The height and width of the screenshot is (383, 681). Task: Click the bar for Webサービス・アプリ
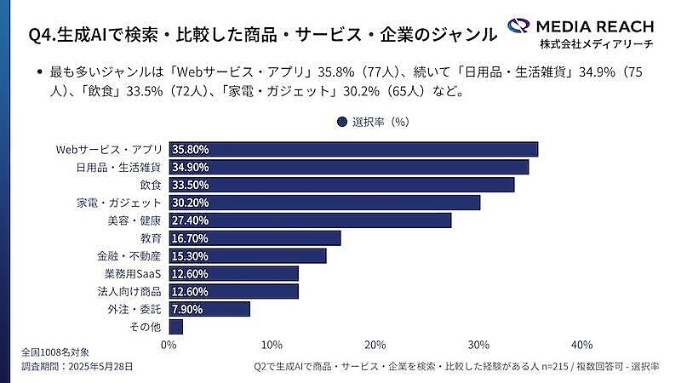tap(353, 149)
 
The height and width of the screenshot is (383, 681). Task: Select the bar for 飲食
tap(341, 185)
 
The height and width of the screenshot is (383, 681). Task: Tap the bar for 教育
tap(255, 238)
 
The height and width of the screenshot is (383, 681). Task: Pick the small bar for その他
tap(176, 327)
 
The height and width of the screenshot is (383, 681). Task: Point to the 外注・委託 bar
tap(209, 309)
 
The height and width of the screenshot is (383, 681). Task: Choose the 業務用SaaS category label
tap(133, 273)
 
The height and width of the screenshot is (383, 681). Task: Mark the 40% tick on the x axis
tap(581, 345)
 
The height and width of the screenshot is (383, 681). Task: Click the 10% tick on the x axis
tap(272, 345)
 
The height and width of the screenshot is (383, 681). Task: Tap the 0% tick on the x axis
tap(169, 345)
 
